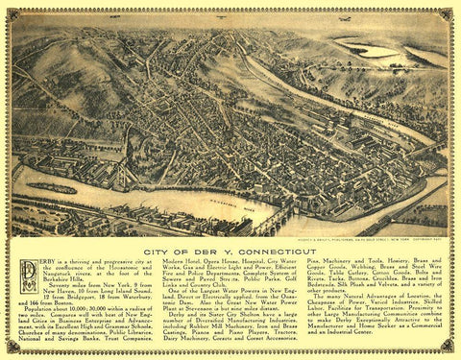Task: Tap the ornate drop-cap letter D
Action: tap(28, 275)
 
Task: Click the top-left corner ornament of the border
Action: tap(13, 13)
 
